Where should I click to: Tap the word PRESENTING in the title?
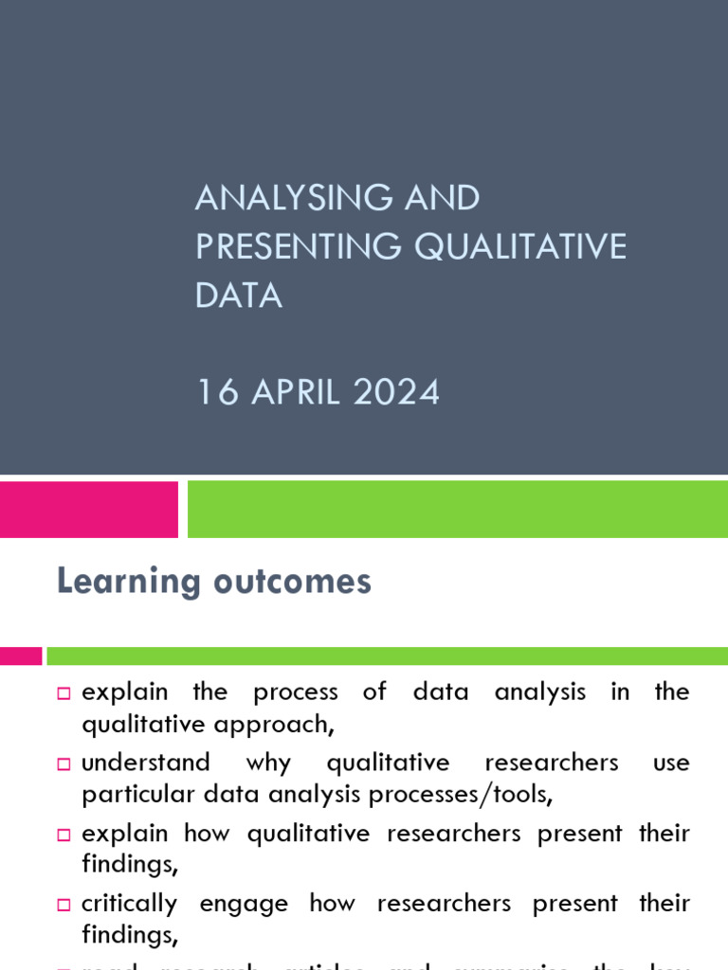[x=298, y=246]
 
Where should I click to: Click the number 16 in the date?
[x=217, y=392]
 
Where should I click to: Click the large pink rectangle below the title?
[x=88, y=509]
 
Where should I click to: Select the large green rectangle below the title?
[x=457, y=509]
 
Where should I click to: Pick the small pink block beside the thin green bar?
[x=21, y=656]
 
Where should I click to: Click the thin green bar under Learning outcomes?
[x=387, y=656]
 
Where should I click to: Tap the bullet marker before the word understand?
[x=64, y=763]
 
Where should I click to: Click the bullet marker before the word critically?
[x=64, y=905]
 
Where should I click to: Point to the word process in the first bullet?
[x=296, y=692]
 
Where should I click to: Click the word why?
[x=268, y=763]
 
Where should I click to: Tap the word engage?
[x=244, y=904]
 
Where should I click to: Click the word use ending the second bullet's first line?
[x=671, y=763]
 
